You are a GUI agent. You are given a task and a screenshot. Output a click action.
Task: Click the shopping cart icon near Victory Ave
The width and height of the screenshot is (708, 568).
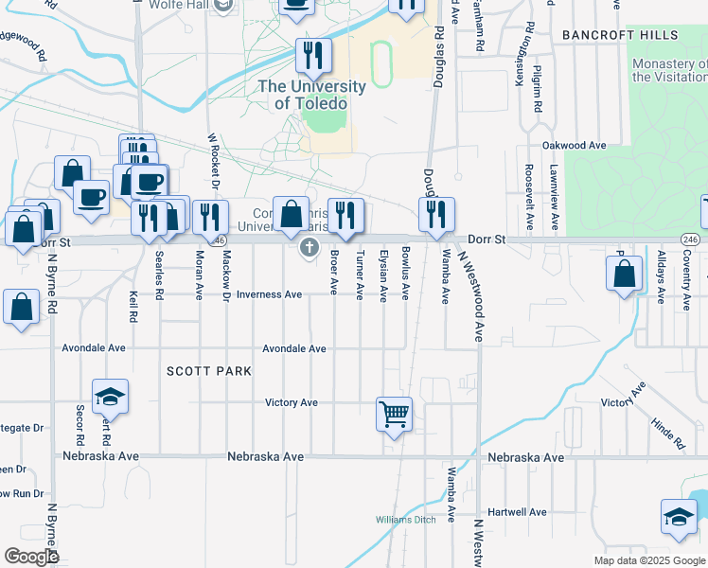pyautogui.click(x=393, y=413)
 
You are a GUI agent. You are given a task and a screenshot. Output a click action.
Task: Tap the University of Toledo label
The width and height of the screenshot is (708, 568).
pyautogui.click(x=311, y=95)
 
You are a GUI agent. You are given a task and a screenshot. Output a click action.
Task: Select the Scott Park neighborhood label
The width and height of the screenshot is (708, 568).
pyautogui.click(x=209, y=371)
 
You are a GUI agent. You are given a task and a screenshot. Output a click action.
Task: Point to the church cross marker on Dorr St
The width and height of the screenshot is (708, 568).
pyautogui.click(x=308, y=249)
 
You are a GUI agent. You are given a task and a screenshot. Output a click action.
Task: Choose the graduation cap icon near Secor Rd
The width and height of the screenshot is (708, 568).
pyautogui.click(x=111, y=397)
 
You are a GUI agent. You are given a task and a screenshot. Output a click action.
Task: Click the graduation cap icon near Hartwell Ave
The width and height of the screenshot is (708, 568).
pyautogui.click(x=678, y=517)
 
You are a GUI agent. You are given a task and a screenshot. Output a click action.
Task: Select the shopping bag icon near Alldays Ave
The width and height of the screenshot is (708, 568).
pyautogui.click(x=624, y=275)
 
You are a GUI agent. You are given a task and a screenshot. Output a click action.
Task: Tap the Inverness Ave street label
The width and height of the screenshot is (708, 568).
pyautogui.click(x=269, y=294)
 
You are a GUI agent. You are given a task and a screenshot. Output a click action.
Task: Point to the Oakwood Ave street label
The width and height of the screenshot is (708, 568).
pyautogui.click(x=574, y=146)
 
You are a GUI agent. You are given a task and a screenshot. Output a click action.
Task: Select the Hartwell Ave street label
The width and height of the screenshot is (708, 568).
pyautogui.click(x=519, y=512)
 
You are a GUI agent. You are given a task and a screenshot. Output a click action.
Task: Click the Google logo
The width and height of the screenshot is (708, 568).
pyautogui.click(x=31, y=557)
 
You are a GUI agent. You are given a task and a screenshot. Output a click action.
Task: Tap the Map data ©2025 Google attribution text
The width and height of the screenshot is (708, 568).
pyautogui.click(x=648, y=560)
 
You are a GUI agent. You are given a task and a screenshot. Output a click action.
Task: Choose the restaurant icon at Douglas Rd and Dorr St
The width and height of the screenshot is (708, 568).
pyautogui.click(x=436, y=215)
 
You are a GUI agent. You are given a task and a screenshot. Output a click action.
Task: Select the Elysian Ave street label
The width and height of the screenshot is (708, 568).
pyautogui.click(x=383, y=275)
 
